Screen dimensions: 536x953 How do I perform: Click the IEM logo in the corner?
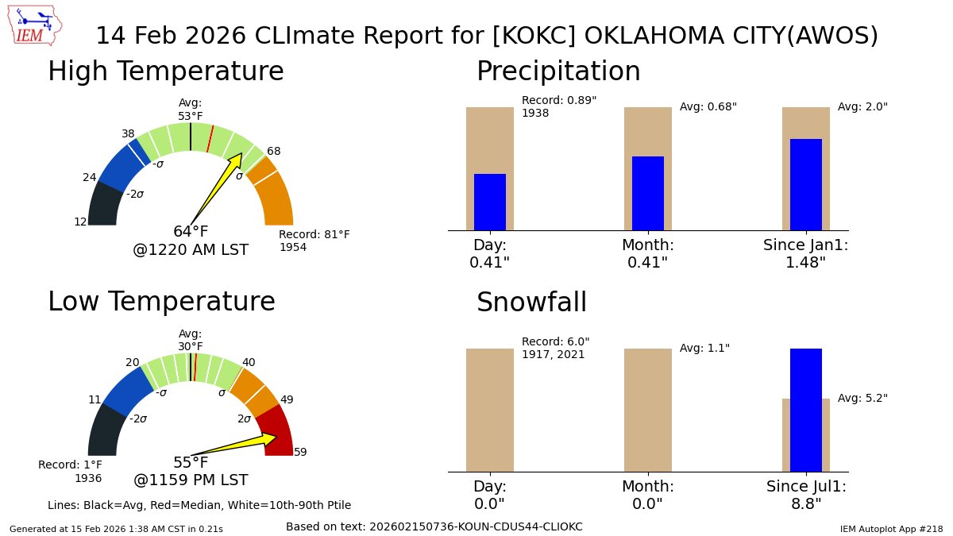click(37, 26)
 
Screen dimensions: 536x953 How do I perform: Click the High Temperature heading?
click(165, 71)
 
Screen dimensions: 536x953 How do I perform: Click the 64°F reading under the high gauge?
click(191, 232)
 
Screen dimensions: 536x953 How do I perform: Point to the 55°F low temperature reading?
click(191, 463)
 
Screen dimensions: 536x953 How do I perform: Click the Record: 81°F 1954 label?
click(314, 241)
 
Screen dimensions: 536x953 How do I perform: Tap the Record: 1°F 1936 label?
click(71, 471)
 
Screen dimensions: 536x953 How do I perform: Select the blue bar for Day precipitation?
click(489, 202)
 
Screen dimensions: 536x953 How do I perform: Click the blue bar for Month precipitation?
click(647, 193)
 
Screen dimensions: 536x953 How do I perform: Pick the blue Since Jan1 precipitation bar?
click(805, 184)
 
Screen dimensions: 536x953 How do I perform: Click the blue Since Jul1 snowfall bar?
click(805, 410)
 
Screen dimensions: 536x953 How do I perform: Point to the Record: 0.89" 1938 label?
click(558, 106)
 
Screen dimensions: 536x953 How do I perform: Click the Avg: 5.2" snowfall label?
click(862, 398)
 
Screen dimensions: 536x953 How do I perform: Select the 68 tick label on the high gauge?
click(273, 151)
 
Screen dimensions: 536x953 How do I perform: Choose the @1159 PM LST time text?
click(191, 480)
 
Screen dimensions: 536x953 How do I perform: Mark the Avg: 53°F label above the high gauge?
click(191, 110)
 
